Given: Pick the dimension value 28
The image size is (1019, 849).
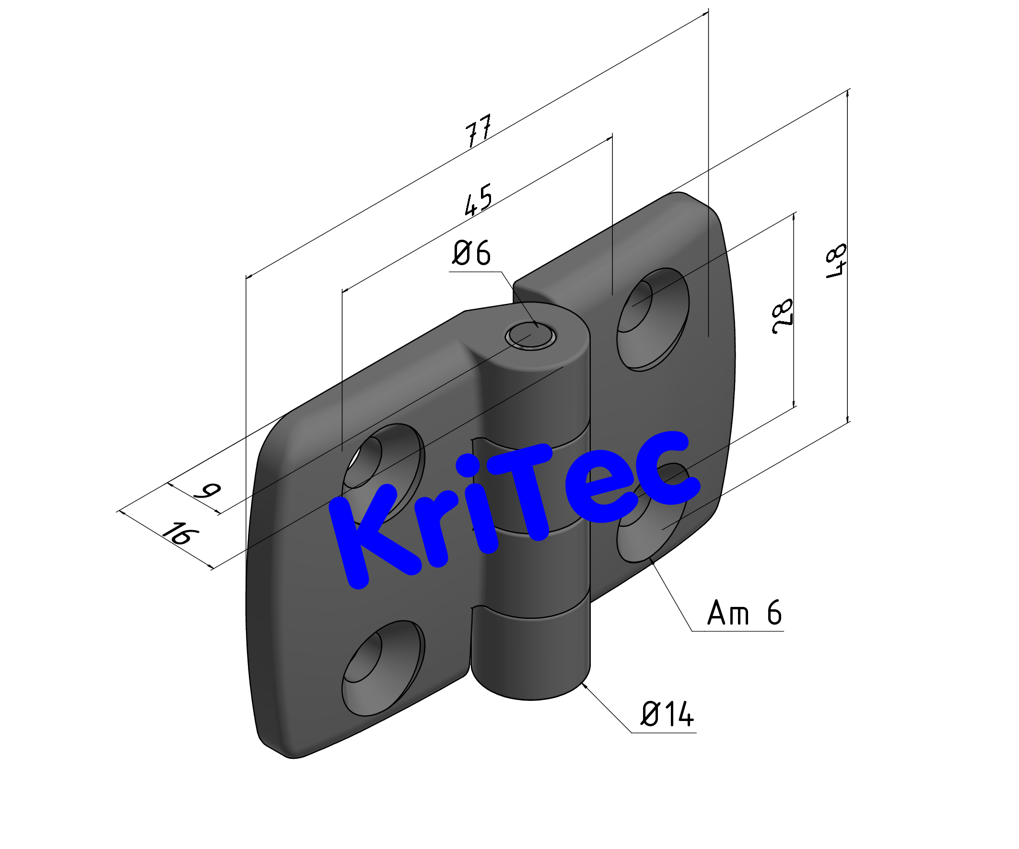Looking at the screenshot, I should point(782,316).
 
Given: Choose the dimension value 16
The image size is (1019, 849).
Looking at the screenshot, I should point(180,534).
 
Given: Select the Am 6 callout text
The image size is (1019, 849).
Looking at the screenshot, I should point(744,613).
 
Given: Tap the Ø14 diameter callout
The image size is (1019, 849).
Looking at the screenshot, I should point(668,714).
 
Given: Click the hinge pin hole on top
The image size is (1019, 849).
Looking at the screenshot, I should point(530,336).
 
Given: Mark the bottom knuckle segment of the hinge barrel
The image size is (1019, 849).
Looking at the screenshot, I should point(531,645).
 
